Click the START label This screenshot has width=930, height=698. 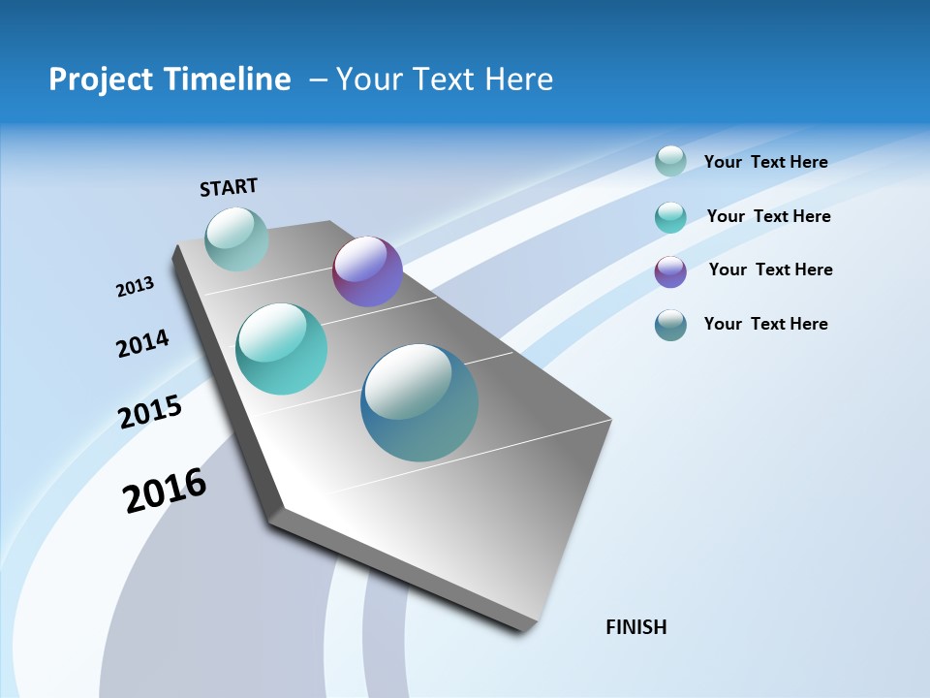pos(229,187)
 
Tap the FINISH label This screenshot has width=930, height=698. pos(636,627)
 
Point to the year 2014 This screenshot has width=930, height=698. pos(142,343)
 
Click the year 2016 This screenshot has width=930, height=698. pos(165,490)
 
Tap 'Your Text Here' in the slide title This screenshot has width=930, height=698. pos(445,79)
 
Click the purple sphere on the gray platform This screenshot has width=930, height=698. pos(367,271)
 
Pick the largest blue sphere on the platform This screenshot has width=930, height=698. pos(419,402)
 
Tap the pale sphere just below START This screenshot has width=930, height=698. pos(236,238)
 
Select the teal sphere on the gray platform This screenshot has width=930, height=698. pos(282,349)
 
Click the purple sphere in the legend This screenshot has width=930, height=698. pos(670,271)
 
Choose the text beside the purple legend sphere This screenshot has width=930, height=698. pos(770,270)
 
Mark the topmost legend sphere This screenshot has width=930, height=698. pos(670,161)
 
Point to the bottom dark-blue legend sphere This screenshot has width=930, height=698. pos(670,325)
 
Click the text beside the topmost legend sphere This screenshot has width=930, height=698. pos(765,162)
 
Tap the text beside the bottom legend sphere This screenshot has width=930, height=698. pos(765,324)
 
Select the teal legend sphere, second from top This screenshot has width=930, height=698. pos(670,217)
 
